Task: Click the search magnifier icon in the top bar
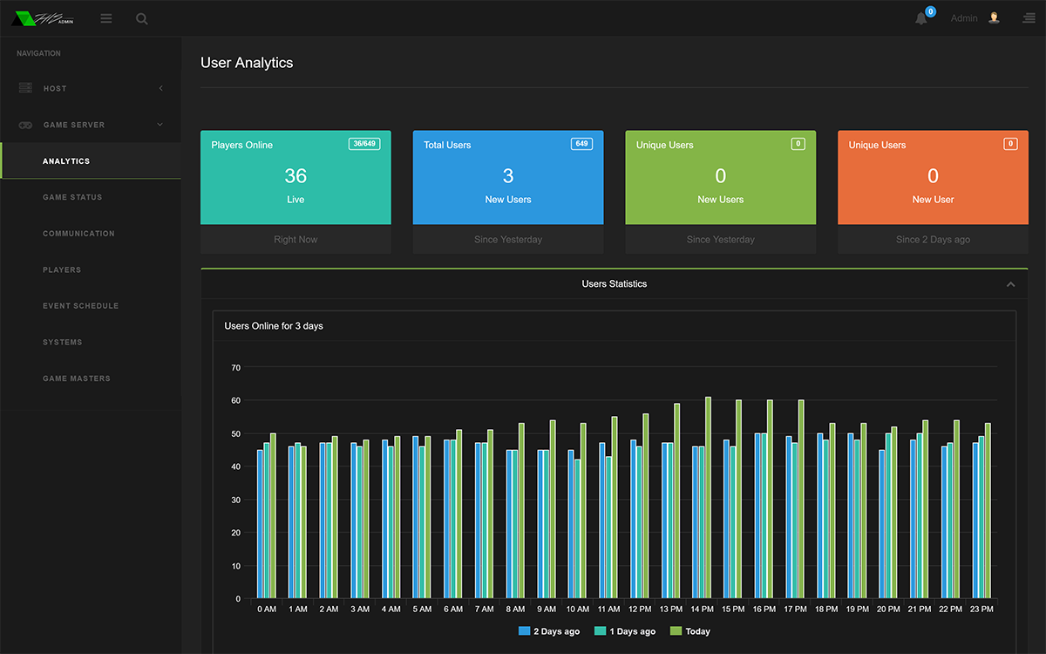point(141,18)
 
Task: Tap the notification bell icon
point(920,18)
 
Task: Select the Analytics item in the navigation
point(66,161)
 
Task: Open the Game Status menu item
point(72,197)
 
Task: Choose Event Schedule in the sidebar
point(81,306)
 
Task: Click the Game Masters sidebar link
point(77,378)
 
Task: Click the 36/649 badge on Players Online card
point(364,144)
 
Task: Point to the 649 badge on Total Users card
point(581,144)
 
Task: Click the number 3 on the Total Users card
point(508,176)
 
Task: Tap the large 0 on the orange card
point(933,176)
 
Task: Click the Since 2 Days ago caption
point(933,240)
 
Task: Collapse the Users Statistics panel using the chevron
point(1010,284)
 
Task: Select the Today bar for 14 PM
point(708,498)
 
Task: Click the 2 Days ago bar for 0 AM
point(260,524)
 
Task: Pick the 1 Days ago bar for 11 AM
point(608,528)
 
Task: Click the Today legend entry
point(689,631)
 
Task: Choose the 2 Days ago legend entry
point(549,631)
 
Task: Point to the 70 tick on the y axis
point(236,368)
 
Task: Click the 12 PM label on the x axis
point(640,610)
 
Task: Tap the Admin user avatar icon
point(994,18)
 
